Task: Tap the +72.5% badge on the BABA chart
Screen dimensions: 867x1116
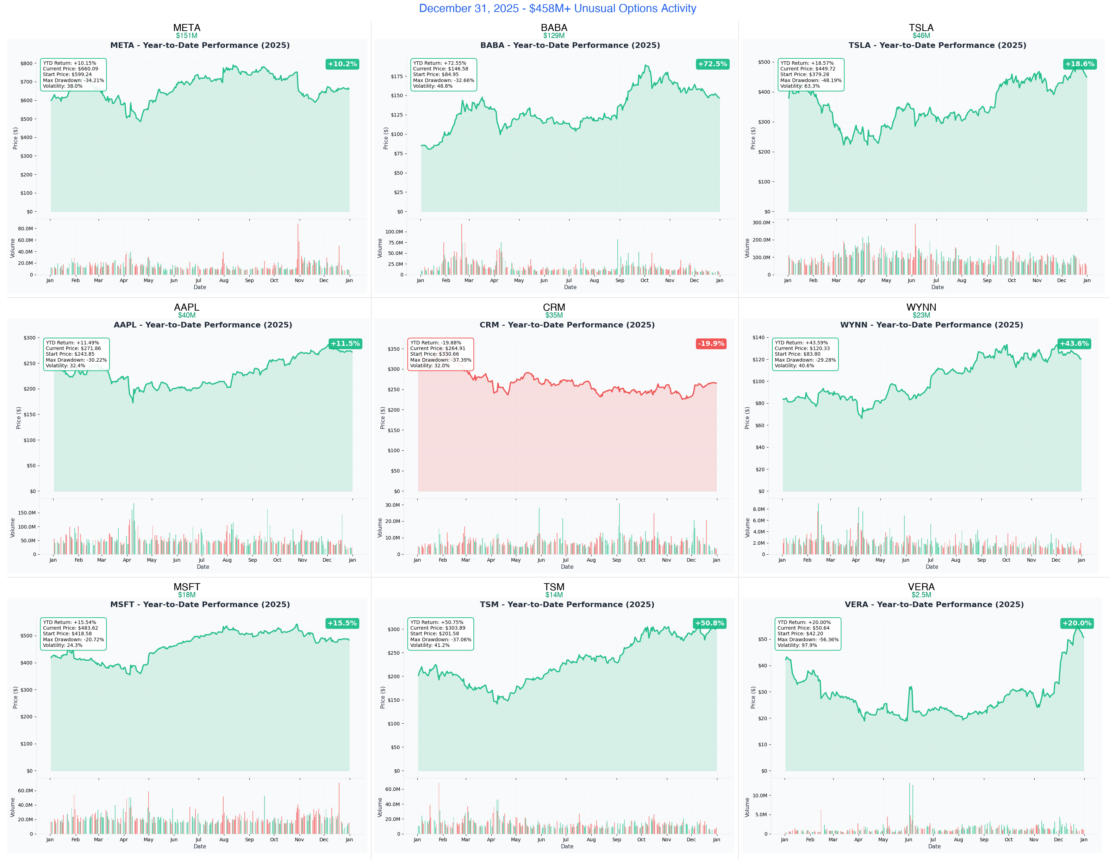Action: click(712, 64)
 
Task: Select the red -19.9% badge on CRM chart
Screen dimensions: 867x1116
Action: click(711, 343)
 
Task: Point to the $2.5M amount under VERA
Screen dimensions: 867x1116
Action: click(921, 595)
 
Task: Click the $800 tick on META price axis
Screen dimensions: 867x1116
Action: click(26, 63)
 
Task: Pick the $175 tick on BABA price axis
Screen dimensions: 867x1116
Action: click(397, 76)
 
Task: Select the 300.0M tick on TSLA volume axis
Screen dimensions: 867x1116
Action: click(761, 223)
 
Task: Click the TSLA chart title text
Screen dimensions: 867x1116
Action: click(937, 45)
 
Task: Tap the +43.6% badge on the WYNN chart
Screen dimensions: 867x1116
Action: click(1074, 343)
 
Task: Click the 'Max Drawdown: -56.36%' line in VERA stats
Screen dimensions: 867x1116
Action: click(808, 640)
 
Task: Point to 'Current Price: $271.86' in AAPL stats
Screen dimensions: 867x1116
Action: click(73, 348)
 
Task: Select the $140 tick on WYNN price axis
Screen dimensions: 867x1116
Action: click(758, 337)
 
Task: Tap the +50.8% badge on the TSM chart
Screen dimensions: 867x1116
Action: click(709, 623)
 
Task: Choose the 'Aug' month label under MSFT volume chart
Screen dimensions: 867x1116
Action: click(224, 840)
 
